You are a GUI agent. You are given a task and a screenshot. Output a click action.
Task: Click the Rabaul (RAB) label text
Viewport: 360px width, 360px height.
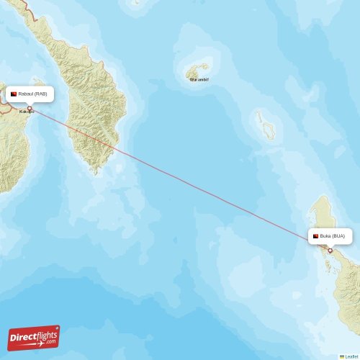[33, 94]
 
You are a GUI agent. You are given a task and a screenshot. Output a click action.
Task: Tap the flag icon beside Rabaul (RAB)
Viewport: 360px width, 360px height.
[14, 94]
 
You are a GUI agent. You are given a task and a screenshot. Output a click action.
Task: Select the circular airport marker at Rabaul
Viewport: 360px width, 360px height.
[30, 108]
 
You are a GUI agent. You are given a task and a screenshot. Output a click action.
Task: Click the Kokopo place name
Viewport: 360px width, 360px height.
[27, 112]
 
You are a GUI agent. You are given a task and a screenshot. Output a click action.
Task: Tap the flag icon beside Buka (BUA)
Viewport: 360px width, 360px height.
[315, 236]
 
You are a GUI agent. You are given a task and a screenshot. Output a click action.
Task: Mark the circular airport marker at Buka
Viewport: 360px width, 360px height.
[330, 250]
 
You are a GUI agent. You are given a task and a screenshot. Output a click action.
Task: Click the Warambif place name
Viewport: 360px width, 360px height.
[199, 80]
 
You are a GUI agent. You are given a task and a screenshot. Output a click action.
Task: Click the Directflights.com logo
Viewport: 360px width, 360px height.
[33, 338]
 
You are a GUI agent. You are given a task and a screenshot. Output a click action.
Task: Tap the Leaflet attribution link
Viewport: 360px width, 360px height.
[350, 356]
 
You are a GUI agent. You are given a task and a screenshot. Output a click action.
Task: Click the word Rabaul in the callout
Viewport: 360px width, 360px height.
[27, 94]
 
